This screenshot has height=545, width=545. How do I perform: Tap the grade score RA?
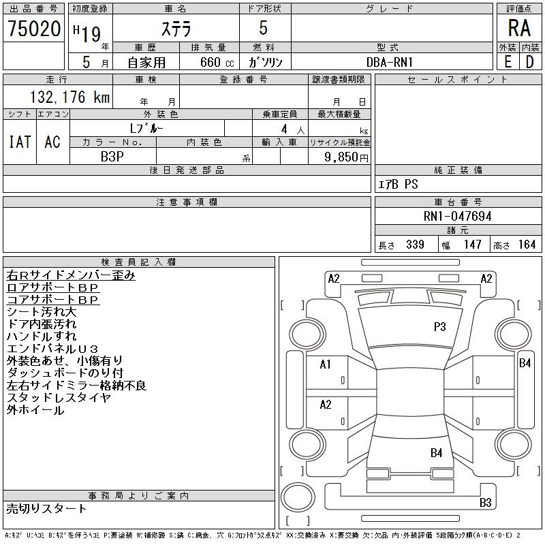519,29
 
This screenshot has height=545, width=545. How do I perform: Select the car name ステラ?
175,29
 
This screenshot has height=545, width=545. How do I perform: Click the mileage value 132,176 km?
69,97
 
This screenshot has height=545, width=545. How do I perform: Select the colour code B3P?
112,156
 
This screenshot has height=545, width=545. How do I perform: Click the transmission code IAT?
20,142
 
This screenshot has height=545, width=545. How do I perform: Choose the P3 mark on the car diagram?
439,327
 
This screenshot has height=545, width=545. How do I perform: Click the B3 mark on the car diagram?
485,503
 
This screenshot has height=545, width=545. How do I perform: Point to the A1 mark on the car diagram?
326,364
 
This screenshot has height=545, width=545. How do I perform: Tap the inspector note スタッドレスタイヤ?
59,398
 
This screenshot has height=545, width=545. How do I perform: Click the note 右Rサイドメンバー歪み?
71,275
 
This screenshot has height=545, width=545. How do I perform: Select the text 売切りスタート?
46,508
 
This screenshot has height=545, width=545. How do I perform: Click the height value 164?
527,245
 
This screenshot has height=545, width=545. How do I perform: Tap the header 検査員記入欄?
138,262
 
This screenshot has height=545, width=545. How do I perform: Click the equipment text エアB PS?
399,185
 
